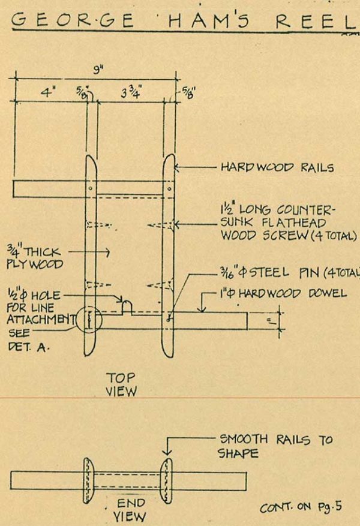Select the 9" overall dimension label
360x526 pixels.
click(95, 71)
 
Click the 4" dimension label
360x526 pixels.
click(47, 94)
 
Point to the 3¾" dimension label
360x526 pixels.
click(127, 94)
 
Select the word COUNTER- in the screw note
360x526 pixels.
click(306, 211)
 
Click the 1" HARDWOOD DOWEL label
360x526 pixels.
click(281, 293)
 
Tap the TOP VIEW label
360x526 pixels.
click(121, 384)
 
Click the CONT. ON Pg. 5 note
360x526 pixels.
click(300, 507)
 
